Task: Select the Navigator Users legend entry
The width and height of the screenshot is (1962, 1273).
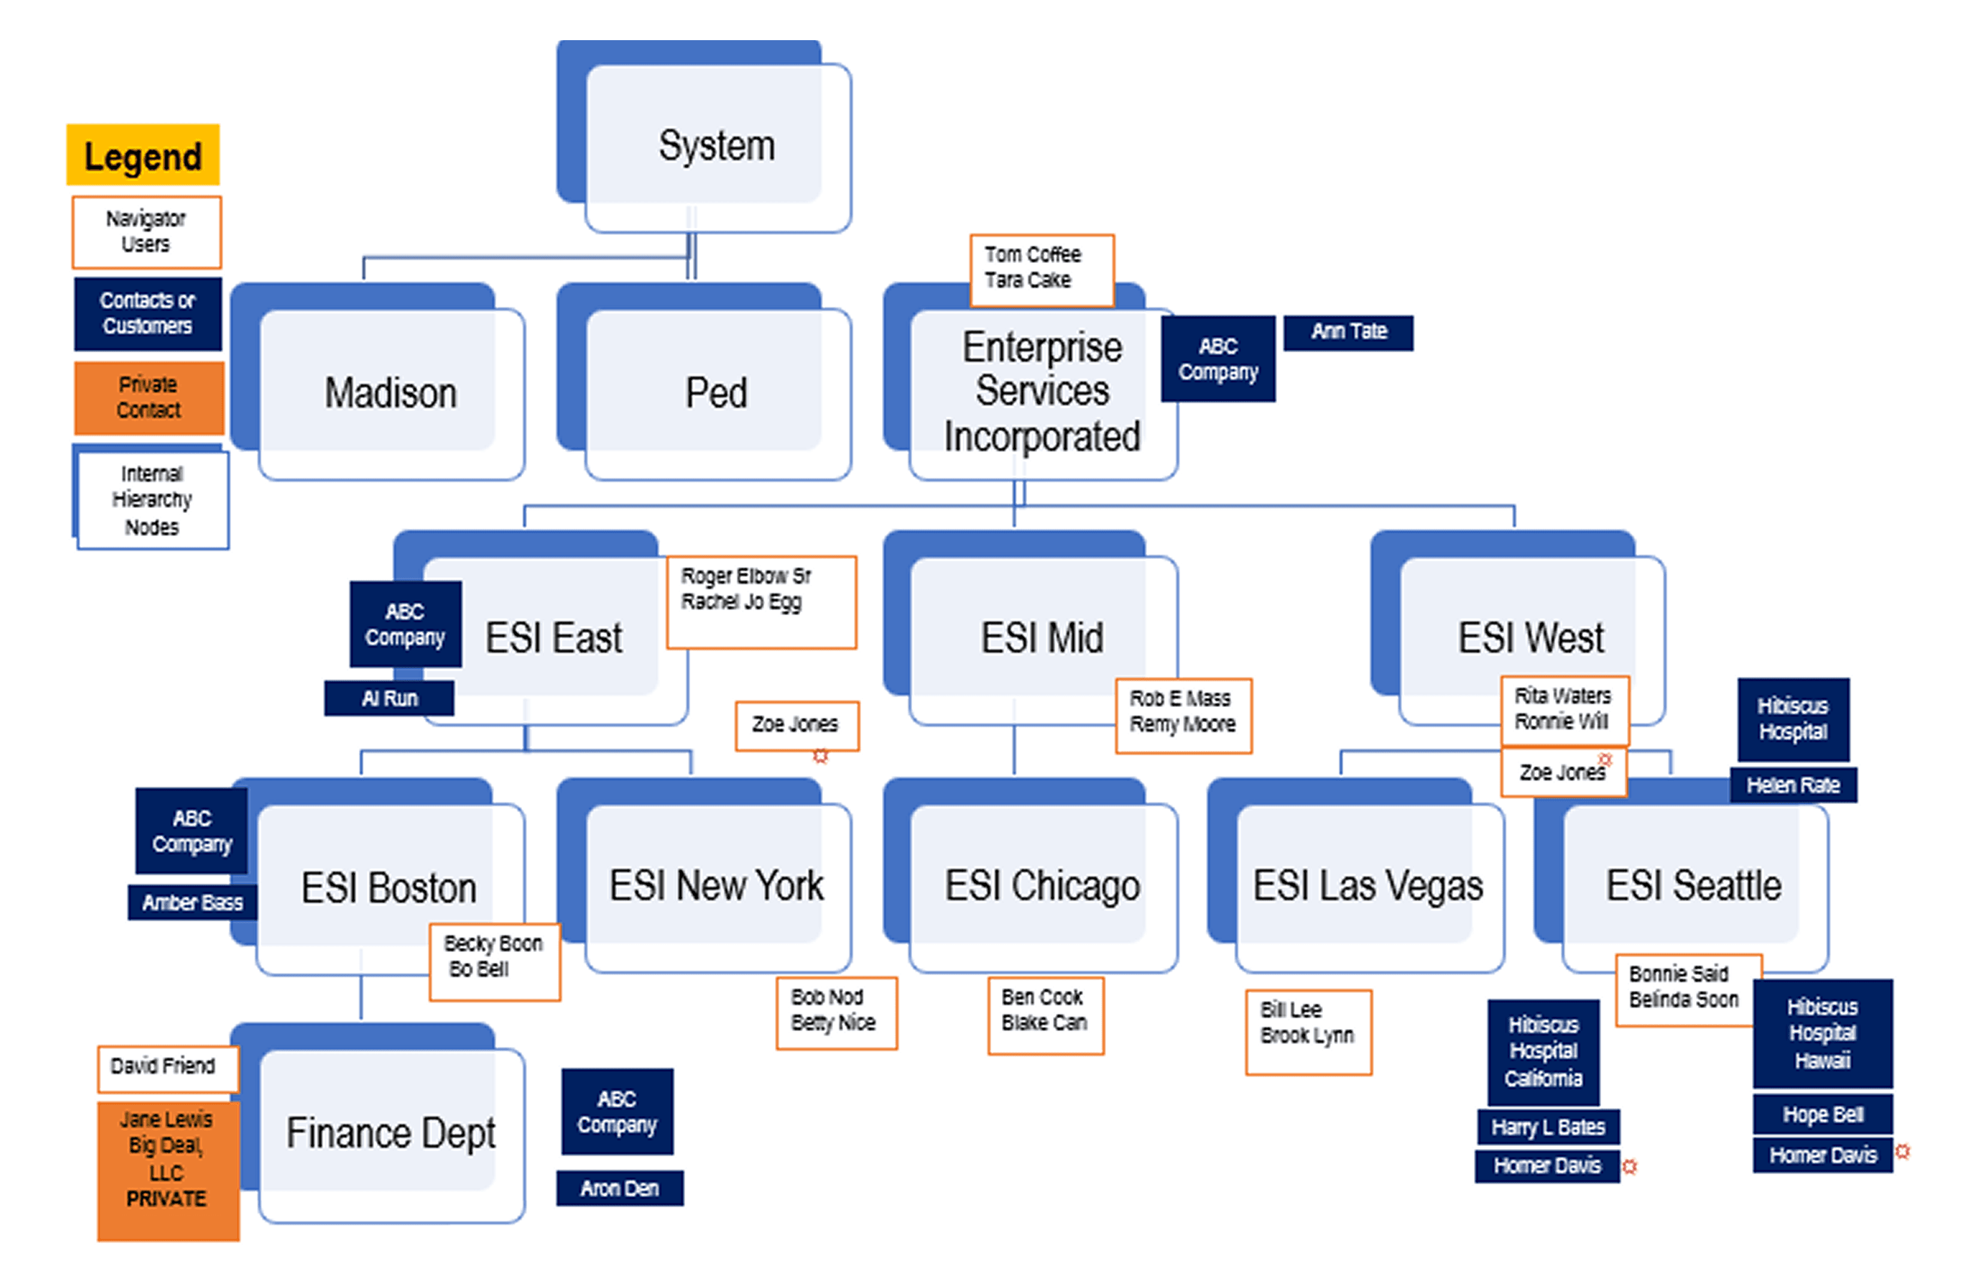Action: point(146,232)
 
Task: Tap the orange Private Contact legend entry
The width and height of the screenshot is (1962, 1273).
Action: point(149,397)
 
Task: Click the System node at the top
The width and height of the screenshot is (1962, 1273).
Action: point(716,146)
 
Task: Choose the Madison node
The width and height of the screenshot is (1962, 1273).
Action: point(390,392)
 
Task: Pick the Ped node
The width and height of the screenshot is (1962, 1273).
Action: point(716,392)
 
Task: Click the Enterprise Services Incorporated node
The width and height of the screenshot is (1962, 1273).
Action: point(1042,392)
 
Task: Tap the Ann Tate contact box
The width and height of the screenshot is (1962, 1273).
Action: point(1348,332)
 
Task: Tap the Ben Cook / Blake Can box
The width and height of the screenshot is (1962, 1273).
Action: point(1045,1014)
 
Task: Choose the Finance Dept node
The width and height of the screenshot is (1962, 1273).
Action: point(390,1133)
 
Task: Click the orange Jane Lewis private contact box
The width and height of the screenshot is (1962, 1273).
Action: point(167,1170)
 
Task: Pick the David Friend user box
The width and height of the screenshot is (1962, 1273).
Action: point(166,1067)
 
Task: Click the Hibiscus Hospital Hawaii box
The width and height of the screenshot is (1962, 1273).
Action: point(1822,1033)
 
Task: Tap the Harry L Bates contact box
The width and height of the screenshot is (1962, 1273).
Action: point(1548,1126)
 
